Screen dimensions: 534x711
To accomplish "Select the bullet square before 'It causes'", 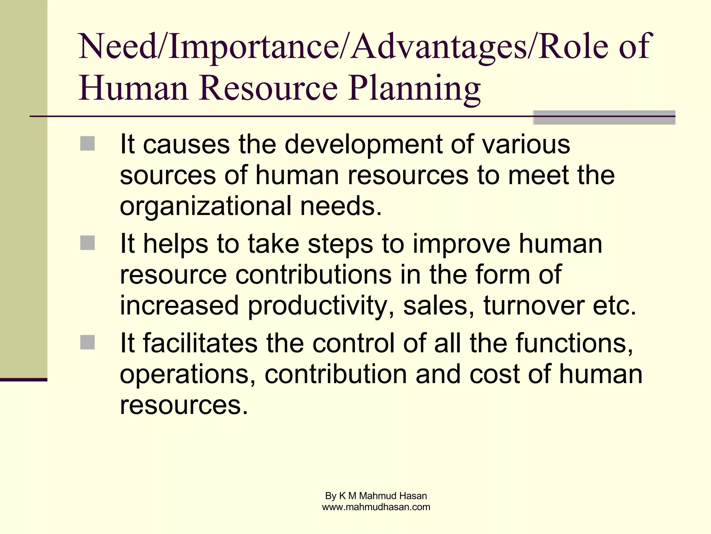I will (87, 144).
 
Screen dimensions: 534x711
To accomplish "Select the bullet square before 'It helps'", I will (87, 243).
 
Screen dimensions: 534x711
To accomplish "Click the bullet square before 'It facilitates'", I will (87, 342).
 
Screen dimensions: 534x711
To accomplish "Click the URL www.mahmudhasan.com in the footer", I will (376, 507).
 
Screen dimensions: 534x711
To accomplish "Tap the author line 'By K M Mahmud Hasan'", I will (376, 496).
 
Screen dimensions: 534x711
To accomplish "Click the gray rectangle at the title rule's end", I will (604, 118).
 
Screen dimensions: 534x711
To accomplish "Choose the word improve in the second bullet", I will (462, 244).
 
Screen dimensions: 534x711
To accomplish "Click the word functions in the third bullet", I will (574, 343).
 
